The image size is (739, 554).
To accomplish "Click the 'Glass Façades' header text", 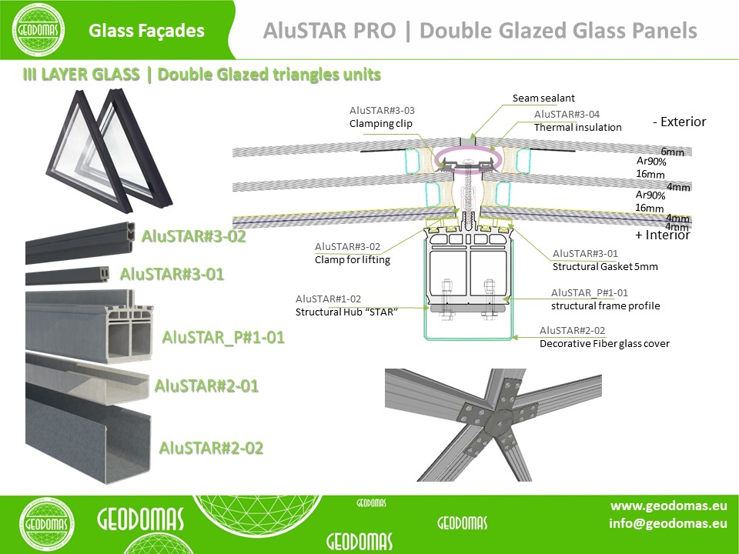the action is pyautogui.click(x=146, y=31).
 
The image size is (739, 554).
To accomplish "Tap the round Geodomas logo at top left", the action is pyautogui.click(x=38, y=30).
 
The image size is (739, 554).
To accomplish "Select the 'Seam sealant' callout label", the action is pyautogui.click(x=543, y=98).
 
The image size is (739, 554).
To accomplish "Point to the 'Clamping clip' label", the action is pyautogui.click(x=381, y=123).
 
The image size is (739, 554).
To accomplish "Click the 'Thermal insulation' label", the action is pyautogui.click(x=577, y=127).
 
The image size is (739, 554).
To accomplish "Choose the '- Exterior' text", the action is pyautogui.click(x=679, y=122).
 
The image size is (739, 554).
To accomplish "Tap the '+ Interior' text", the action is pyautogui.click(x=662, y=235).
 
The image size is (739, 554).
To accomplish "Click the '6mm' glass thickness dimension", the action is pyautogui.click(x=672, y=152).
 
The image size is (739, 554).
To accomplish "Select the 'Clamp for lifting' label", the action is pyautogui.click(x=353, y=259).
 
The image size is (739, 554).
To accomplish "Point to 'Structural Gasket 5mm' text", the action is pyautogui.click(x=605, y=267).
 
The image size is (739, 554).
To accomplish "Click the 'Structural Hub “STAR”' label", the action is pyautogui.click(x=346, y=312).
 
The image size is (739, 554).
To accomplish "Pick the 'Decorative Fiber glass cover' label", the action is pyautogui.click(x=604, y=343).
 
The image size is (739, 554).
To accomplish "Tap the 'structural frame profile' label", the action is pyautogui.click(x=605, y=305).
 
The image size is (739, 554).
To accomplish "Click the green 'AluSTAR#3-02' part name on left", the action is pyautogui.click(x=194, y=236).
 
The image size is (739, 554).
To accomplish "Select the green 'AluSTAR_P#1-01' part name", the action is pyautogui.click(x=223, y=337).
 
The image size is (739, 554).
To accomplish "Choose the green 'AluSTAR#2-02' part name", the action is pyautogui.click(x=211, y=448).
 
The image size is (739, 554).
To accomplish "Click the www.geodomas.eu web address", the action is pyautogui.click(x=668, y=506).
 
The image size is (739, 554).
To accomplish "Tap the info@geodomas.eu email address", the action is pyautogui.click(x=668, y=523).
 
